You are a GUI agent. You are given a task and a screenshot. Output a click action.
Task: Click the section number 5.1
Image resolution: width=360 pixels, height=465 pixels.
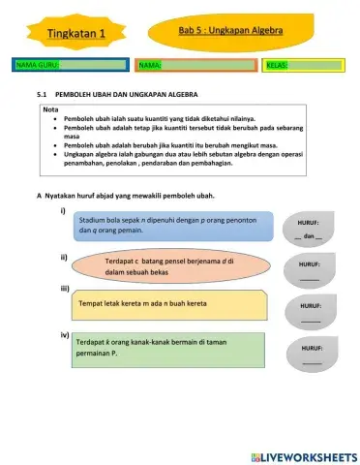[x=42, y=95]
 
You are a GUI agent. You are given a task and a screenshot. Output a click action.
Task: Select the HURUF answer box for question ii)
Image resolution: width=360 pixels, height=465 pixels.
[x=309, y=270]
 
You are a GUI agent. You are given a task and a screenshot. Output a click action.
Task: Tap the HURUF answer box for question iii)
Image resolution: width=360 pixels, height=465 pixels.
[x=309, y=310]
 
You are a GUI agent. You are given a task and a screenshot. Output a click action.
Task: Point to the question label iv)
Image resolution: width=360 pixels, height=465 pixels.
[x=64, y=334]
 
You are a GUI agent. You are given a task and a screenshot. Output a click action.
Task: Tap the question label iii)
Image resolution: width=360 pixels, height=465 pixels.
[x=64, y=289]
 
